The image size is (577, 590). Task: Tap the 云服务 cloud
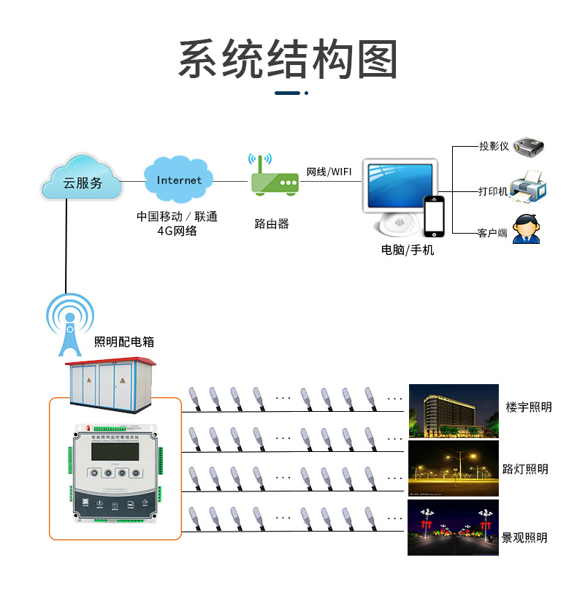point(83,180)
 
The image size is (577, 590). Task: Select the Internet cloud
point(179,180)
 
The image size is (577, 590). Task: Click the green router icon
point(275,178)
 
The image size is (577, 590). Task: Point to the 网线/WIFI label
point(329,172)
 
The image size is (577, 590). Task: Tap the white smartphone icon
point(435,216)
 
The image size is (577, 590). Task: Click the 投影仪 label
point(494,146)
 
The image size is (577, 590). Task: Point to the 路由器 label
point(272,223)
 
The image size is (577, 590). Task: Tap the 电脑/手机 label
point(408,250)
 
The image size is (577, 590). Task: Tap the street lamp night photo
point(453,468)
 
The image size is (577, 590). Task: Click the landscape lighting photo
point(453,527)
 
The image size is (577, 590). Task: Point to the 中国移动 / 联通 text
point(177,217)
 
